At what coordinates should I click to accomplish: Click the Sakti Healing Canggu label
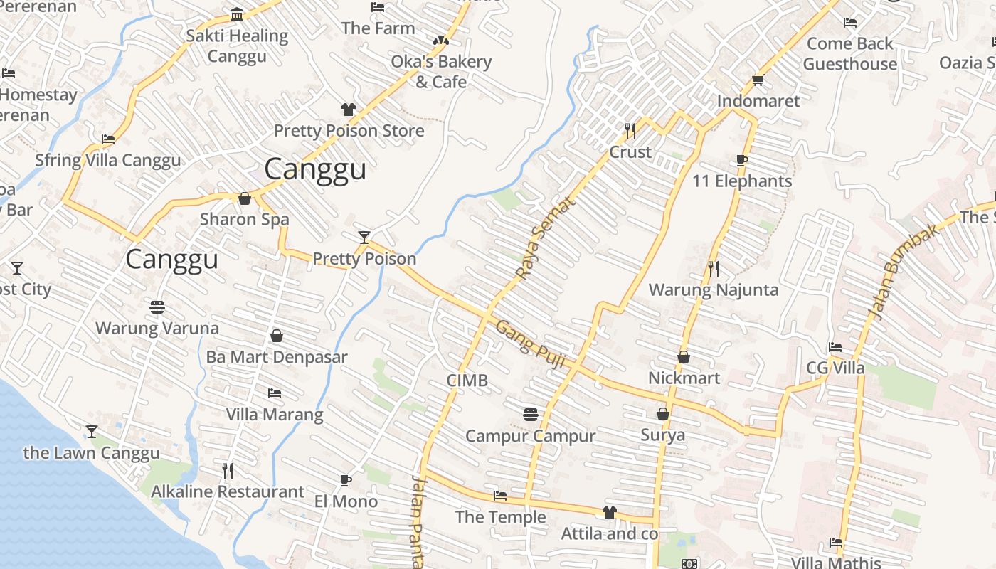pos(237,46)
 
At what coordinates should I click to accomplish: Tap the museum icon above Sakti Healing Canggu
pos(237,15)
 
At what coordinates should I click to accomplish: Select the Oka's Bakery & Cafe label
pos(441,72)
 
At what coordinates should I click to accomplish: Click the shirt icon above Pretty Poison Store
pos(348,110)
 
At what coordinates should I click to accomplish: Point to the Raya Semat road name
pos(544,238)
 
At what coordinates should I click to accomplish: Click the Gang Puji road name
pos(530,344)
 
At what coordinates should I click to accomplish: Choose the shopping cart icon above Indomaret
pos(758,80)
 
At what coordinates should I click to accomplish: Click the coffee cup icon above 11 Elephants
pos(741,161)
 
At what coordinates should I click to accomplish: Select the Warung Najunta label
pos(714,290)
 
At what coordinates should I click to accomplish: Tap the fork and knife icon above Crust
pos(630,131)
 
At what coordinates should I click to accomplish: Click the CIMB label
pos(467,381)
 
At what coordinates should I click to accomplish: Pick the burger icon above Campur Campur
pos(530,414)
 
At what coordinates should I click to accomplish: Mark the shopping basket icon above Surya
pos(663,414)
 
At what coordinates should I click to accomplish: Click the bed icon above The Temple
pos(500,496)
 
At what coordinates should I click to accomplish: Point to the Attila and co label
pos(609,533)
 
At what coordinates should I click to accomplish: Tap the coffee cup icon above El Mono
pos(346,480)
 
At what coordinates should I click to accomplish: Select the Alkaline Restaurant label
pos(228,491)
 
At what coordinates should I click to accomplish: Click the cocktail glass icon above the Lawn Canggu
pos(91,432)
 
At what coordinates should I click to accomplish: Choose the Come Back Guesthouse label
pos(849,53)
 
